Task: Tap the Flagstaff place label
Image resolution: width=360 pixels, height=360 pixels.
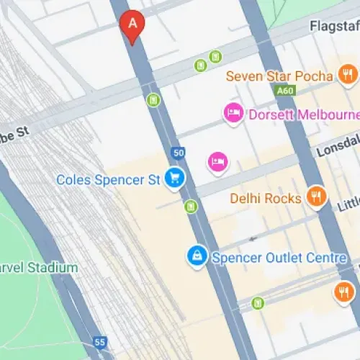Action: (334, 26)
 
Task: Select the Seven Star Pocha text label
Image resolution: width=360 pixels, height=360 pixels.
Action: (279, 76)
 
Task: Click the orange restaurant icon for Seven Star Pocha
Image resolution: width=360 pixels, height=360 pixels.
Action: (348, 74)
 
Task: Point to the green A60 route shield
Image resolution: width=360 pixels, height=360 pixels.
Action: (284, 91)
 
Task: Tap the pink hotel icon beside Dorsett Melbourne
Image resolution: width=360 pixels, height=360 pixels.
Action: (233, 112)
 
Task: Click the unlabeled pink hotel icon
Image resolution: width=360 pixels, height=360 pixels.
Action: (217, 161)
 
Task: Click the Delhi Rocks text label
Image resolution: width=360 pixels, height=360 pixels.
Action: (266, 197)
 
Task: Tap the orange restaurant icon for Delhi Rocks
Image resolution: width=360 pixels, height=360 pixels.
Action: (315, 196)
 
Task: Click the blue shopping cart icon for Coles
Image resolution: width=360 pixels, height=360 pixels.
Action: (173, 178)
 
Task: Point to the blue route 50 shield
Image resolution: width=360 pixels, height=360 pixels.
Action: (179, 153)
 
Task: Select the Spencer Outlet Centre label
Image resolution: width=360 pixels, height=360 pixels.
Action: (279, 258)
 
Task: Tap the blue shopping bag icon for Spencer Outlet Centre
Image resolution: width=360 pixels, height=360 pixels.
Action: (195, 255)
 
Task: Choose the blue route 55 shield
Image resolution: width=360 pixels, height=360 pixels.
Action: (100, 341)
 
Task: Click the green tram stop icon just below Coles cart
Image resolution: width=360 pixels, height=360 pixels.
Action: (190, 207)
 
